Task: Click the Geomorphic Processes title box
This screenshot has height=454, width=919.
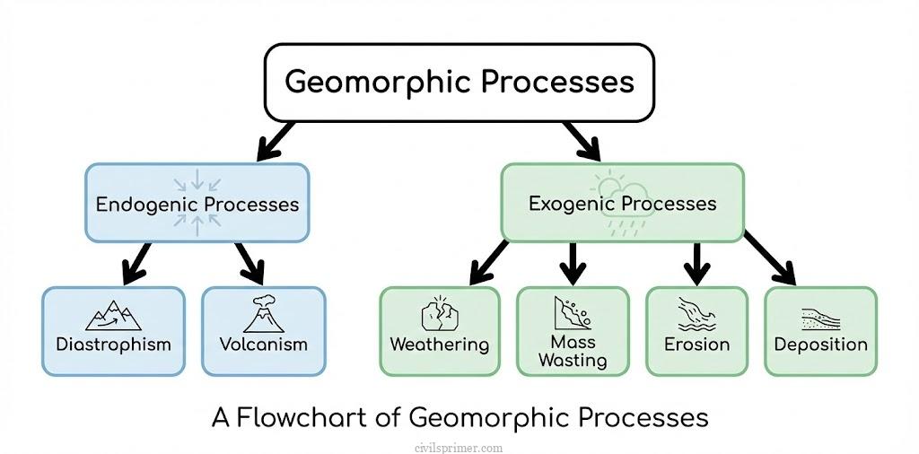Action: (459, 82)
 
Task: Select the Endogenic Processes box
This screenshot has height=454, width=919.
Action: (197, 203)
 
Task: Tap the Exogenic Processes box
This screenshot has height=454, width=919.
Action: (622, 203)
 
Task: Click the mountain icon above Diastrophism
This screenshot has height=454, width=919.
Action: (113, 316)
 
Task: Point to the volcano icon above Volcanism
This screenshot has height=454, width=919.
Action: (263, 315)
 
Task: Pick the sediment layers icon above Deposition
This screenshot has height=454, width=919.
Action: (820, 319)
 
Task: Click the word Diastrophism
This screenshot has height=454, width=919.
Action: (113, 345)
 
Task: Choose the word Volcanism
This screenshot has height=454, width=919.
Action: (263, 345)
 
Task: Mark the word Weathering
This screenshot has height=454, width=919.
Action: (439, 345)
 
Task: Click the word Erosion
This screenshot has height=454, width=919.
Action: (696, 345)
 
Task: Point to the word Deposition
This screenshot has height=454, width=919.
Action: (820, 345)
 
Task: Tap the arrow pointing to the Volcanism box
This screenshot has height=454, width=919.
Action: (250, 262)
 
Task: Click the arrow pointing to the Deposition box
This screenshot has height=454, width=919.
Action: (773, 260)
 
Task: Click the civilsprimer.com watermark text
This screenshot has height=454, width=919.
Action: (459, 447)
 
